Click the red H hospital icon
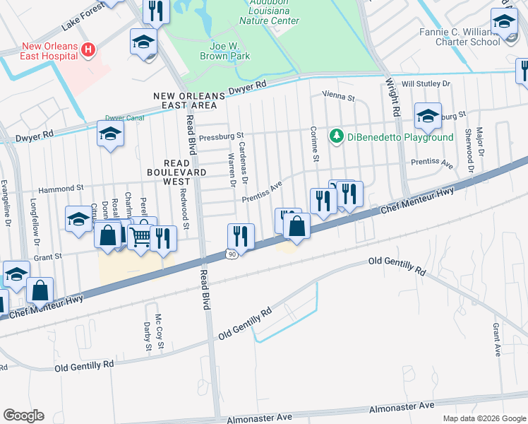88,49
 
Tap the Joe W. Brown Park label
223,47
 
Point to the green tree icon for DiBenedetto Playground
337,135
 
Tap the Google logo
23,416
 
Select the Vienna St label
337,94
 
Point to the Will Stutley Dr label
426,83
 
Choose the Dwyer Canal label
124,118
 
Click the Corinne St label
316,143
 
